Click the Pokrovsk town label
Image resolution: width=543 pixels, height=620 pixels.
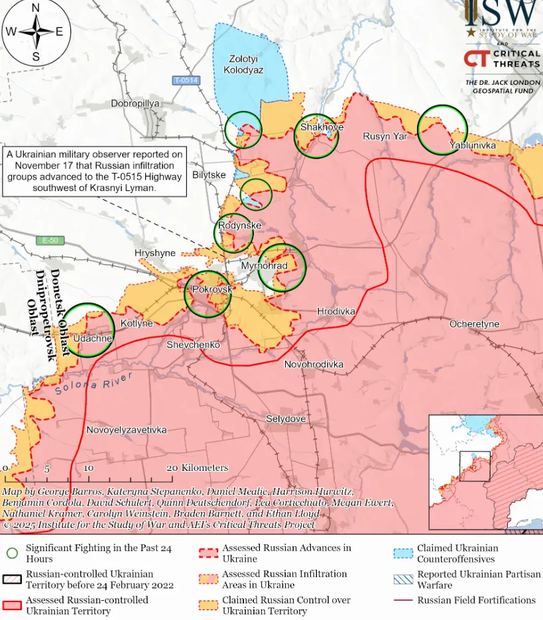(211, 290)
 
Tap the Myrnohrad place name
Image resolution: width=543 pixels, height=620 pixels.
(264, 266)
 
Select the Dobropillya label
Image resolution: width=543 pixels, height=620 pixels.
(135, 104)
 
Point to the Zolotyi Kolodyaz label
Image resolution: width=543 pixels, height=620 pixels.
(243, 64)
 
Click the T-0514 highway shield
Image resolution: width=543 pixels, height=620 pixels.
(186, 80)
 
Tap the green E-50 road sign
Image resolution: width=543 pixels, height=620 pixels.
(51, 240)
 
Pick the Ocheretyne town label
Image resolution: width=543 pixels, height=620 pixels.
(475, 324)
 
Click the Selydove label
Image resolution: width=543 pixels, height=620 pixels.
(286, 419)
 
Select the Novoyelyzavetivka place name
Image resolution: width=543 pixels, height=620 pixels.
(126, 430)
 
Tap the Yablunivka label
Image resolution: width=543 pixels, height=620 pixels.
(472, 145)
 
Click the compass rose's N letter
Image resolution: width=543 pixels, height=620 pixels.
(36, 8)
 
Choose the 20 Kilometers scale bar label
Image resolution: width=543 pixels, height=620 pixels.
(197, 467)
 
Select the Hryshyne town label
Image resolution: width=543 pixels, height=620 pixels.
(155, 253)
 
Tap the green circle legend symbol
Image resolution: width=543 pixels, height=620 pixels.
(12, 554)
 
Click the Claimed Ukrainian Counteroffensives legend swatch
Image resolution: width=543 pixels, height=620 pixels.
(402, 554)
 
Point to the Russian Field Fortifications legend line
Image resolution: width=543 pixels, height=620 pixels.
(402, 600)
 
